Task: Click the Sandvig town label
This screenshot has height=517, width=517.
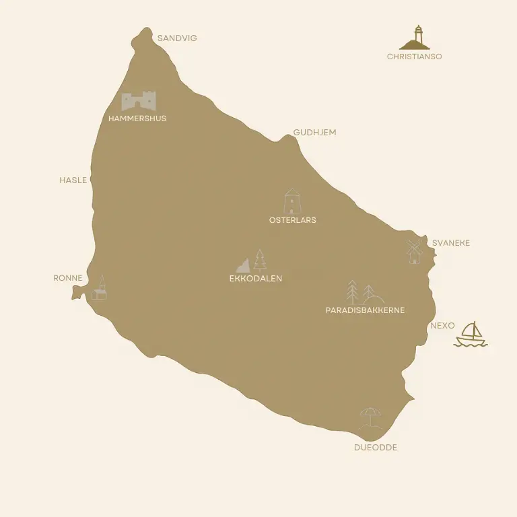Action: (x=177, y=38)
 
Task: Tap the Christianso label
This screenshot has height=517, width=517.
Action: (x=414, y=57)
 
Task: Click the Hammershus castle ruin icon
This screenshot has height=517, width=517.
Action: (x=139, y=101)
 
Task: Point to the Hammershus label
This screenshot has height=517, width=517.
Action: (x=137, y=118)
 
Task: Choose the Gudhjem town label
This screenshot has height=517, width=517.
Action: (x=314, y=133)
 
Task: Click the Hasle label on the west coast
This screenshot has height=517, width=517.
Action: (x=73, y=180)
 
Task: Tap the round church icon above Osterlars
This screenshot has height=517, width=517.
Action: (x=292, y=201)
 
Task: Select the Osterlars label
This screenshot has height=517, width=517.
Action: (x=292, y=220)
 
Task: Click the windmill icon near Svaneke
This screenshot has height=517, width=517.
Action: (x=414, y=251)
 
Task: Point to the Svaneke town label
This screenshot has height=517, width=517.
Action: (x=451, y=243)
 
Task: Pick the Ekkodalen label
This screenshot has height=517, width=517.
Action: (x=256, y=278)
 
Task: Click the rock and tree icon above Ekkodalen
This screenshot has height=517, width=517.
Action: (x=252, y=261)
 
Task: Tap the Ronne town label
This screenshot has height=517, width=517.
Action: (x=68, y=278)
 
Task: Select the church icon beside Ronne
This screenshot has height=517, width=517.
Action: (x=100, y=287)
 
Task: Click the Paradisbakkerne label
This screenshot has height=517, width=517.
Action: (x=365, y=310)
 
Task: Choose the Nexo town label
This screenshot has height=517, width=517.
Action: (x=442, y=326)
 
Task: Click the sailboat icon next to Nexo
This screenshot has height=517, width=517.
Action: (x=471, y=335)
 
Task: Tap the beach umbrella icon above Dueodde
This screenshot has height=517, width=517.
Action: (x=370, y=418)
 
